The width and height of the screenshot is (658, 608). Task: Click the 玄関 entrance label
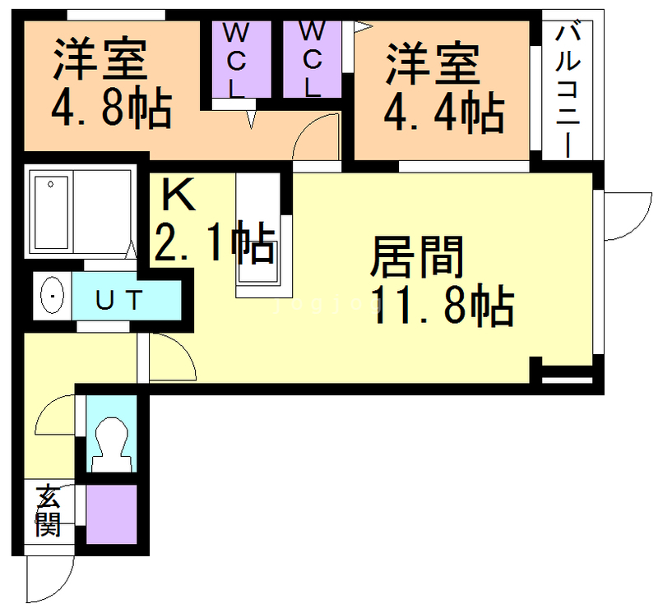tap(48, 511)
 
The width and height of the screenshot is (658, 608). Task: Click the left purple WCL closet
tap(236, 59)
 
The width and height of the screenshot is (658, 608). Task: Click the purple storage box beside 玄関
tap(111, 514)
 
